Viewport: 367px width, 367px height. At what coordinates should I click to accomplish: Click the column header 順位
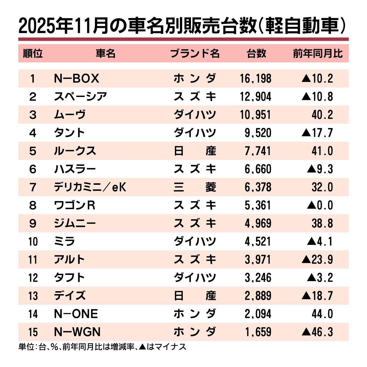pos(33,53)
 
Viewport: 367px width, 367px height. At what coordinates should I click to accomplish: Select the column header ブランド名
pos(195,53)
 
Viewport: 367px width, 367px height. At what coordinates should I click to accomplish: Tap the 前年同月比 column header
pos(318,53)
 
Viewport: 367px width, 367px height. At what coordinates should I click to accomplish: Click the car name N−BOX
pos(77,79)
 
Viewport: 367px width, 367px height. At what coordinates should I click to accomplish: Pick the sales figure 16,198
pos(256,79)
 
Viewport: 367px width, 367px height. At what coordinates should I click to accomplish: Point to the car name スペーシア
pos(81,97)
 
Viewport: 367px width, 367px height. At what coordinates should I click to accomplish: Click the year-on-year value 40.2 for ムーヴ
pos(322,115)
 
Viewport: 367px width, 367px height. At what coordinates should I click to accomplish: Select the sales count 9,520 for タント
pos(258,133)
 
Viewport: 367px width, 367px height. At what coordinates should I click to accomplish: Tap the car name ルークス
pos(75,151)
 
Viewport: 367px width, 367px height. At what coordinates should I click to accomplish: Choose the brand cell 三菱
pos(195,187)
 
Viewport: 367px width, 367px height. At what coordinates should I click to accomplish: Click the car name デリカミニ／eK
pos(90,187)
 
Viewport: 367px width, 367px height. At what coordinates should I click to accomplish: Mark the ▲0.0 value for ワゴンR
pos(320,205)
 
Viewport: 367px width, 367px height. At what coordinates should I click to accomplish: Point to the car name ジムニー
pos(75,223)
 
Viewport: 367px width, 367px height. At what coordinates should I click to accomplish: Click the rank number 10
pos(33,242)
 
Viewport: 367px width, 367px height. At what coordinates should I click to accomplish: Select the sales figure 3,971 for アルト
pos(258,260)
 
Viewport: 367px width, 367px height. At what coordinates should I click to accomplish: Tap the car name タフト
pos(70,278)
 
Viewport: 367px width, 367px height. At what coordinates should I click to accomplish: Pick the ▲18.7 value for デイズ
pos(317,296)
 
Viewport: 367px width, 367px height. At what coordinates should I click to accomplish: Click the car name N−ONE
pos(76,314)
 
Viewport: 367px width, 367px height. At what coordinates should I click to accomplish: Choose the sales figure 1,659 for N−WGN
pos(258,332)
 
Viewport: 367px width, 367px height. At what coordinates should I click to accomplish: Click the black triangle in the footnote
pos(142,347)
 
